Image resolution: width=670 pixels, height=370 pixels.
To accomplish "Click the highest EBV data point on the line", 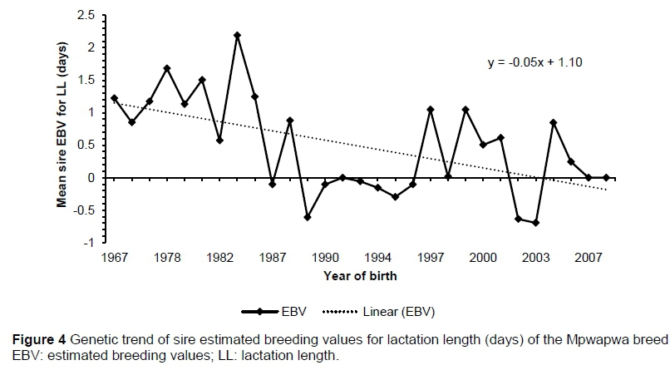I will point(237,35).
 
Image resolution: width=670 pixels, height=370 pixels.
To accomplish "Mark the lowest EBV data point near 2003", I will point(535,223).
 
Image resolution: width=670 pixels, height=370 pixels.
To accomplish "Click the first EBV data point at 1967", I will point(114,98).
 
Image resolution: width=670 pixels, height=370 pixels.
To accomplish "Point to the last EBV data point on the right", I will point(606,177).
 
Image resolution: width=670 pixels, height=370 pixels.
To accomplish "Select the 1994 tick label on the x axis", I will point(377,257).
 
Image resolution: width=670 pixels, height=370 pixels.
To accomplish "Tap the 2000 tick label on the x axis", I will point(483,257).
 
